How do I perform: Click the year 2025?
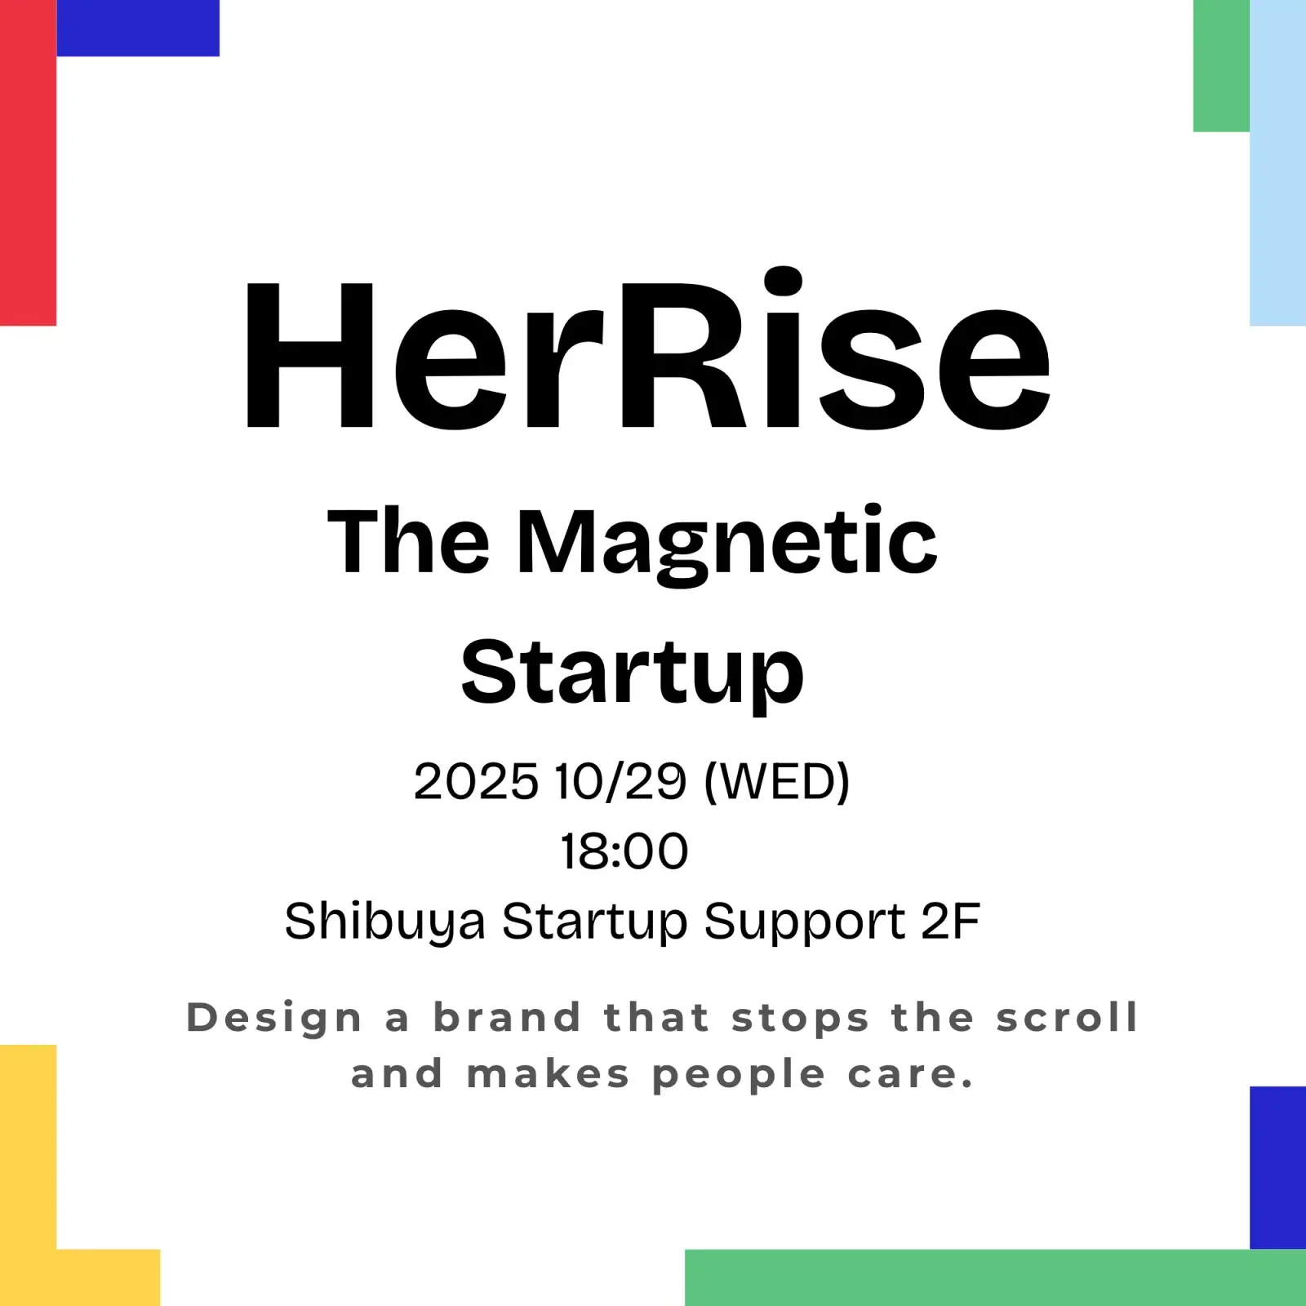pyautogui.click(x=476, y=782)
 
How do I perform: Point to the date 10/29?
pyautogui.click(x=620, y=782)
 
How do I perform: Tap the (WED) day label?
pyautogui.click(x=776, y=782)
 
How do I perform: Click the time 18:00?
pyautogui.click(x=624, y=851)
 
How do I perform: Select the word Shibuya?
pyautogui.click(x=384, y=922)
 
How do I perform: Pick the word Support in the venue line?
pyautogui.click(x=804, y=922)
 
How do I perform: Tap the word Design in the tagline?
pyautogui.click(x=274, y=1019)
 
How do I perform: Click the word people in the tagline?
pyautogui.click(x=739, y=1076)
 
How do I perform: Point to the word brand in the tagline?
pyautogui.click(x=507, y=1017)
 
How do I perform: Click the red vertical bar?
pyautogui.click(x=28, y=163)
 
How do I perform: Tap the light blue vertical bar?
pyautogui.click(x=1277, y=163)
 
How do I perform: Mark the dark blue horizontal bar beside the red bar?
pyautogui.click(x=137, y=28)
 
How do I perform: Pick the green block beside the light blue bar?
pyautogui.click(x=1221, y=65)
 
